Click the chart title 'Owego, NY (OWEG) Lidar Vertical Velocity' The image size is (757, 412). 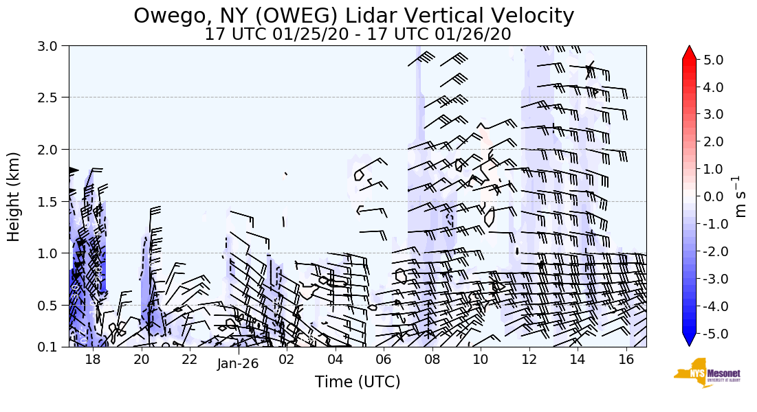(x=353, y=15)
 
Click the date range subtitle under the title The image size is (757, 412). (x=358, y=34)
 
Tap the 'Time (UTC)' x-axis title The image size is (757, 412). (x=357, y=382)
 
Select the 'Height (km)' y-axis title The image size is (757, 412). (x=14, y=196)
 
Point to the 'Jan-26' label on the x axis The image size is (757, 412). (x=237, y=364)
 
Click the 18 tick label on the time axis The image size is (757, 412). (x=93, y=358)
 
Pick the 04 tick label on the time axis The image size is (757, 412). (x=336, y=358)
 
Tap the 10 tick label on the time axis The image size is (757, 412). (x=481, y=358)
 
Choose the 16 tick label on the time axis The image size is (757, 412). (x=626, y=358)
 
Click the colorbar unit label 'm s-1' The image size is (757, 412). (x=740, y=196)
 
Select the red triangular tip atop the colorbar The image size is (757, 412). (x=689, y=53)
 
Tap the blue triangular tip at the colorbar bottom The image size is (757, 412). (x=689, y=340)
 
